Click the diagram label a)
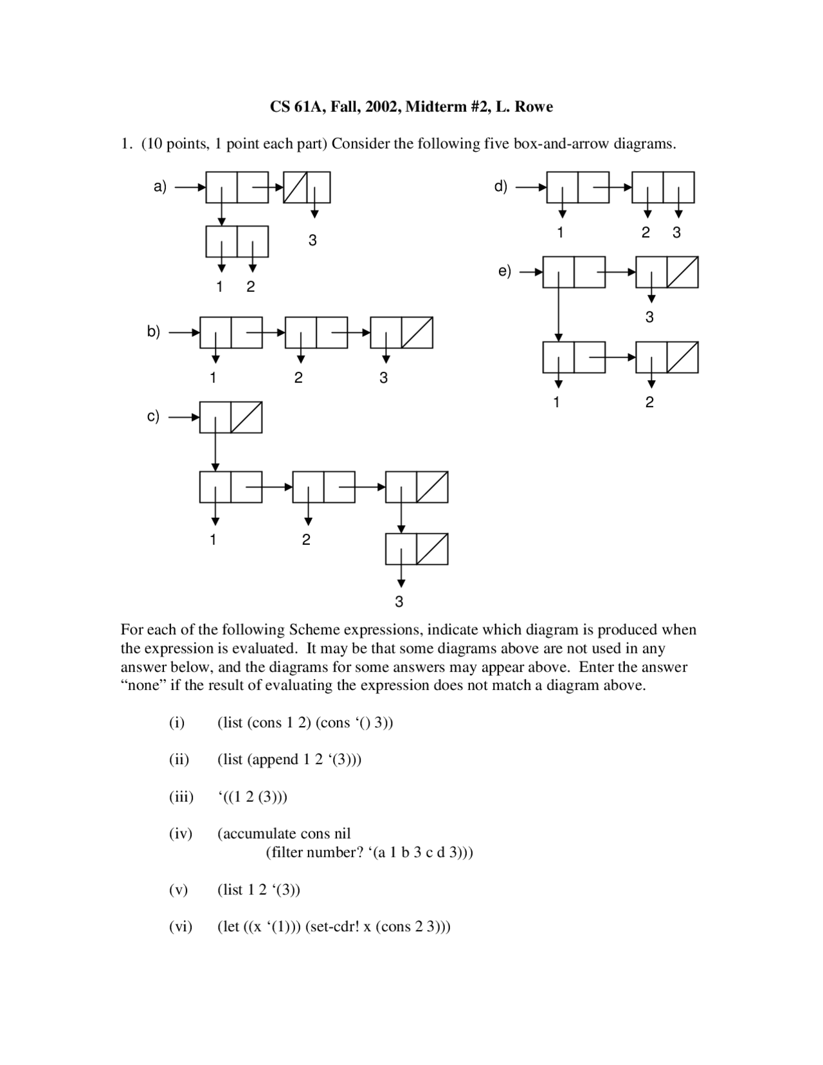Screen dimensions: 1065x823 click(159, 187)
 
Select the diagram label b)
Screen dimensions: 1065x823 click(153, 332)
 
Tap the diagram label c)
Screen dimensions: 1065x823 click(153, 416)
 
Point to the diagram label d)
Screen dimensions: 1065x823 click(501, 187)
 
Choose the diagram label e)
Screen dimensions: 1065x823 click(505, 271)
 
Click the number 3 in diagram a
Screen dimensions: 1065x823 click(312, 241)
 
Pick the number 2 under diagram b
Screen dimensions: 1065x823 click(298, 378)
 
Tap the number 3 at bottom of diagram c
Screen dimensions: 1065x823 click(399, 602)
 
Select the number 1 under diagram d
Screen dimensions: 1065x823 click(560, 233)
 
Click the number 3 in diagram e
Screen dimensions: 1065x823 click(649, 317)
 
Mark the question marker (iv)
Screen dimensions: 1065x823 click(181, 834)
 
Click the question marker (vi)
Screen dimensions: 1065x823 click(181, 927)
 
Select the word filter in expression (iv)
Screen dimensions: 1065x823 click(285, 853)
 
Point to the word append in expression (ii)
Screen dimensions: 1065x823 click(275, 760)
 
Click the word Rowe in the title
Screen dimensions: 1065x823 click(533, 107)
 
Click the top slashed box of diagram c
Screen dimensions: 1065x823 click(246, 417)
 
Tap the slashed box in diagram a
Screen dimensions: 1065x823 click(299, 187)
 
